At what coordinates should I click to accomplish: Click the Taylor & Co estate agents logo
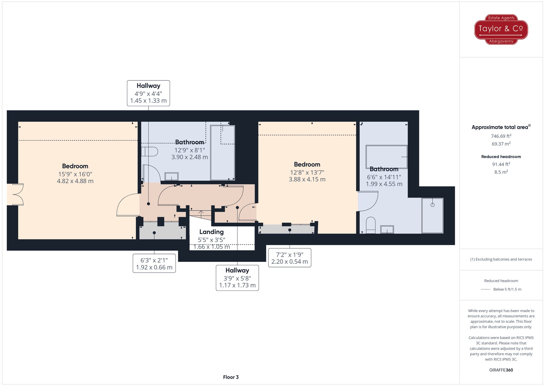501,29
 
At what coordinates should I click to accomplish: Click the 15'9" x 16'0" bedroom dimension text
75,174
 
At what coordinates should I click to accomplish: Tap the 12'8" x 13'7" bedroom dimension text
307,172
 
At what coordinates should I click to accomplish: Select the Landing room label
211,232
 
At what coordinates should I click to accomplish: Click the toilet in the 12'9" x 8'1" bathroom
150,152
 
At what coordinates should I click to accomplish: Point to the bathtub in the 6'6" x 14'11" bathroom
386,157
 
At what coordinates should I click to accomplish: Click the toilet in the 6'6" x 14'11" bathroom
371,225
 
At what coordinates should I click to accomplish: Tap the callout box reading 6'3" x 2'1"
154,264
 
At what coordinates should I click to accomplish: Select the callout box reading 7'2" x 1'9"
290,258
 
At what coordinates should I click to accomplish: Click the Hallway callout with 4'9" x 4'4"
149,93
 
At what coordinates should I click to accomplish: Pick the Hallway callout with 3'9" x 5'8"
237,278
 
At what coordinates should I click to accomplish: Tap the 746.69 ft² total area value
501,136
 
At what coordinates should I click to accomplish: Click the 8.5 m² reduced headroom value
501,172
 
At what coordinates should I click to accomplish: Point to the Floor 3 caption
231,377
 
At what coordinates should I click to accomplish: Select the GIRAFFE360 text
501,370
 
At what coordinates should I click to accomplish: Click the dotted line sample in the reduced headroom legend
486,289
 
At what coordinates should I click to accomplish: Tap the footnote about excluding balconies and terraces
501,259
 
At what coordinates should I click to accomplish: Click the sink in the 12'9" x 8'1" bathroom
171,176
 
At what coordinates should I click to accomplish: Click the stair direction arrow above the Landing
201,212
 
